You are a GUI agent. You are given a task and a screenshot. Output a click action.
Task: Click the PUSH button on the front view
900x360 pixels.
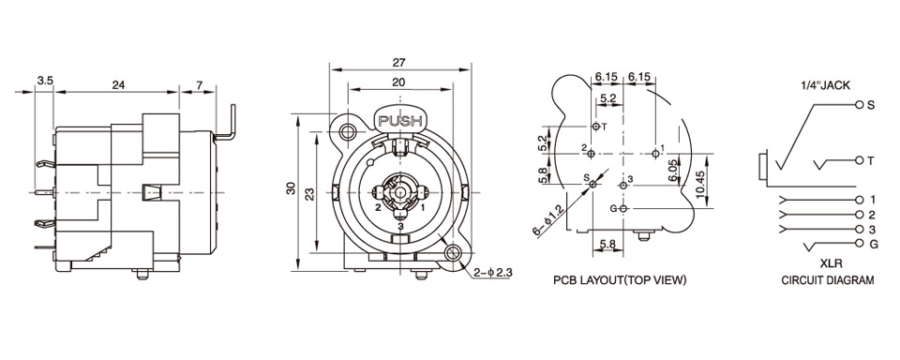point(400,121)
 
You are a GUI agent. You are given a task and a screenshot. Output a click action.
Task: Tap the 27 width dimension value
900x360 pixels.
point(399,63)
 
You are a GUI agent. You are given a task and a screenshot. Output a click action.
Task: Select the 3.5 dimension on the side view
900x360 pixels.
point(45,82)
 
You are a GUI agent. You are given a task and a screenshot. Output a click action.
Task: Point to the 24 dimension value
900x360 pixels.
point(118,85)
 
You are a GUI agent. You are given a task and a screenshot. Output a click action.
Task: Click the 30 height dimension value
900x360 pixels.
point(291,188)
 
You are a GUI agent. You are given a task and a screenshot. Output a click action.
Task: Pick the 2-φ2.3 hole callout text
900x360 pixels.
point(493,273)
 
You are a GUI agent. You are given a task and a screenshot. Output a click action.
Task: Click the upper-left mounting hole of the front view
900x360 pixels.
point(347,132)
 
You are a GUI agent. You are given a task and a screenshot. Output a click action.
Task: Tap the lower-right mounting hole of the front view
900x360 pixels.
point(454,251)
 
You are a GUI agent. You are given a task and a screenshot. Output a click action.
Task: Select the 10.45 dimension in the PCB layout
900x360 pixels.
point(699,183)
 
